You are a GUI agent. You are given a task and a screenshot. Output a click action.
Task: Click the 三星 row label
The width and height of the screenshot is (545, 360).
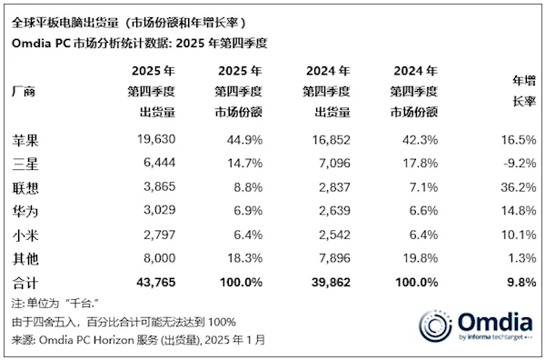[x=29, y=164]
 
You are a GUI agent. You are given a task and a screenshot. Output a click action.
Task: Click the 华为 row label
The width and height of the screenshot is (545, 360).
[x=29, y=211]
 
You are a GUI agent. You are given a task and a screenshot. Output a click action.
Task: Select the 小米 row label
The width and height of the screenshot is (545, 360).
[x=29, y=235]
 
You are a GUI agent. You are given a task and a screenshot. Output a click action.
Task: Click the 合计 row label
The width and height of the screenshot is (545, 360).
[x=29, y=283]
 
